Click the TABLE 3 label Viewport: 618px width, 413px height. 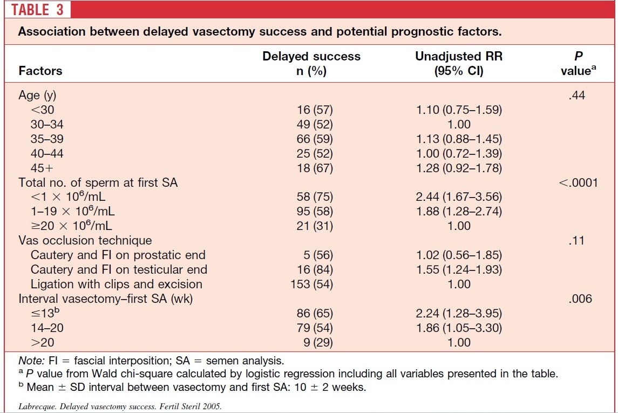click(x=37, y=10)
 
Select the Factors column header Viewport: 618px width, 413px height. click(x=40, y=71)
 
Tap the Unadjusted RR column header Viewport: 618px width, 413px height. click(x=459, y=64)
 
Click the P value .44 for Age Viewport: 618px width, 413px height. click(x=577, y=96)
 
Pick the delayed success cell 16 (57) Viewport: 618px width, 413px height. click(x=315, y=110)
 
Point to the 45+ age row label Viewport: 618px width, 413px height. click(x=42, y=168)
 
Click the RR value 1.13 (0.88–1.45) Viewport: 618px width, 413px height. click(x=459, y=139)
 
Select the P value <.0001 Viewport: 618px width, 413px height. click(x=578, y=182)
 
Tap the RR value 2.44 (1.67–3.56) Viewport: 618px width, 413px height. click(x=459, y=197)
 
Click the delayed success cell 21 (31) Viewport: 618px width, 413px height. click(x=315, y=226)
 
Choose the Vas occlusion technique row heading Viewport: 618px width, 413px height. click(x=85, y=240)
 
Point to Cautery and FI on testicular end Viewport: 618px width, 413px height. click(x=119, y=269)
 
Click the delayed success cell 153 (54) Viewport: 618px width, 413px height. click(x=312, y=284)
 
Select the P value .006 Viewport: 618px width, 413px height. click(x=581, y=299)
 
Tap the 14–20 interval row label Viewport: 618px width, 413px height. click(x=47, y=328)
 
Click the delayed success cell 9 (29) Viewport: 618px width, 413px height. click(x=318, y=342)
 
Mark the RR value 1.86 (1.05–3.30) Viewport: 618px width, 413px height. click(x=459, y=328)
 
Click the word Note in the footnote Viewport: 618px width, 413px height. click(x=31, y=361)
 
